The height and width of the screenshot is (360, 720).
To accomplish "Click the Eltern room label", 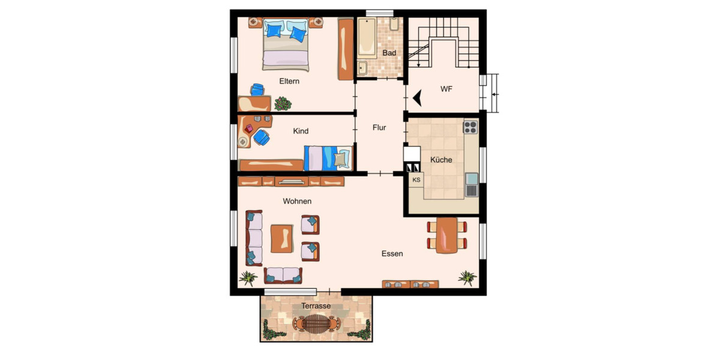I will coord(289,81).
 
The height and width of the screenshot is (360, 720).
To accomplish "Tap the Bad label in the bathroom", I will coord(389,53).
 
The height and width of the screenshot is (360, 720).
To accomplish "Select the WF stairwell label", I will coord(446,89).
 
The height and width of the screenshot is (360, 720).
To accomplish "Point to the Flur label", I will coord(379,127).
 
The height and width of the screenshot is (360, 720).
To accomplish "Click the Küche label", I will coord(441,160).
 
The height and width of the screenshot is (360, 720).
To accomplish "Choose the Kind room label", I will coord(301,131).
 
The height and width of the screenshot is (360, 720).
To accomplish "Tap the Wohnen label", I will coord(297,202).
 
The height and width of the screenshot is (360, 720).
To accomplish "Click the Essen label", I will coord(392,254).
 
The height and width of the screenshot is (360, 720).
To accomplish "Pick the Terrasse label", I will coord(316,306).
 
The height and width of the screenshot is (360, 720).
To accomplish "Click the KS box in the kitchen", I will coord(416,179).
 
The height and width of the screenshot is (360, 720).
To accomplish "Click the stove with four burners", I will coord(470,127).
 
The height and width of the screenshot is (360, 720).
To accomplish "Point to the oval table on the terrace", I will coord(316,325).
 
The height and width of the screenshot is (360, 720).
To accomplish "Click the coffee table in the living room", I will coord(282,238).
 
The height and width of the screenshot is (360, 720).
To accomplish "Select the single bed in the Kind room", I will coord(328,158).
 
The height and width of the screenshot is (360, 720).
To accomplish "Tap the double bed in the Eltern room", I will coord(286,44).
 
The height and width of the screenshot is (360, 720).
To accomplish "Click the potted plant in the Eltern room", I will coord(283,104).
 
